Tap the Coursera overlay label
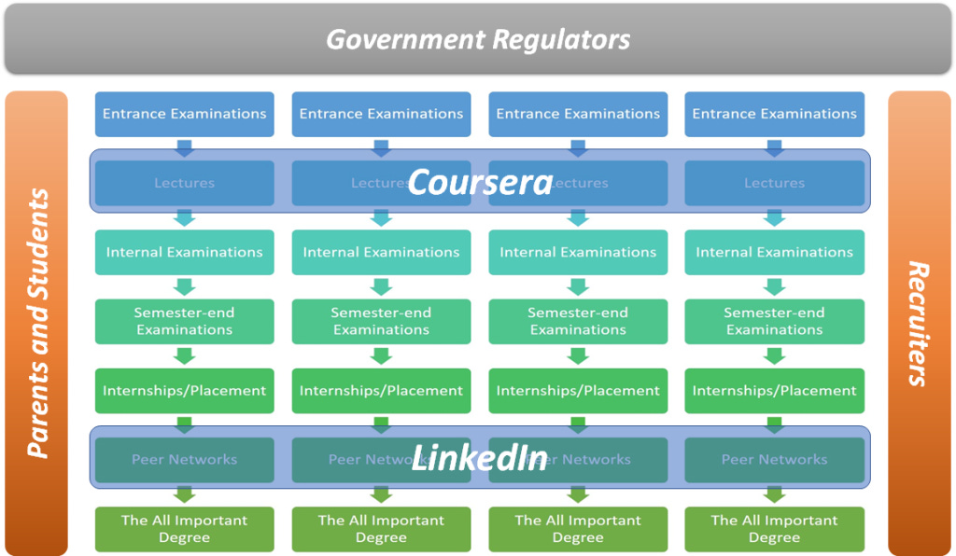[x=480, y=182]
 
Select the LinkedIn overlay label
[x=480, y=457]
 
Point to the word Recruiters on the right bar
[x=919, y=324]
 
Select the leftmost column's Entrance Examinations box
[x=184, y=114]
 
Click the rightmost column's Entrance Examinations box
[x=774, y=114]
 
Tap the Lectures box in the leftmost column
[x=184, y=183]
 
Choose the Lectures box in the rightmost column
[x=774, y=183]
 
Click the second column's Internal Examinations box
[x=381, y=252]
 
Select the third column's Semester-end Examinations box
[x=578, y=321]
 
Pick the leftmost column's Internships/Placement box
[x=184, y=391]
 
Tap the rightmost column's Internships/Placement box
[x=774, y=391]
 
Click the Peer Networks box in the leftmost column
[x=184, y=459]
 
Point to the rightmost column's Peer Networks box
[x=774, y=459]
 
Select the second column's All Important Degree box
[x=381, y=529]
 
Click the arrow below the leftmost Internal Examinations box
[x=184, y=286]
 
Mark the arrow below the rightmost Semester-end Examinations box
[x=774, y=355]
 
